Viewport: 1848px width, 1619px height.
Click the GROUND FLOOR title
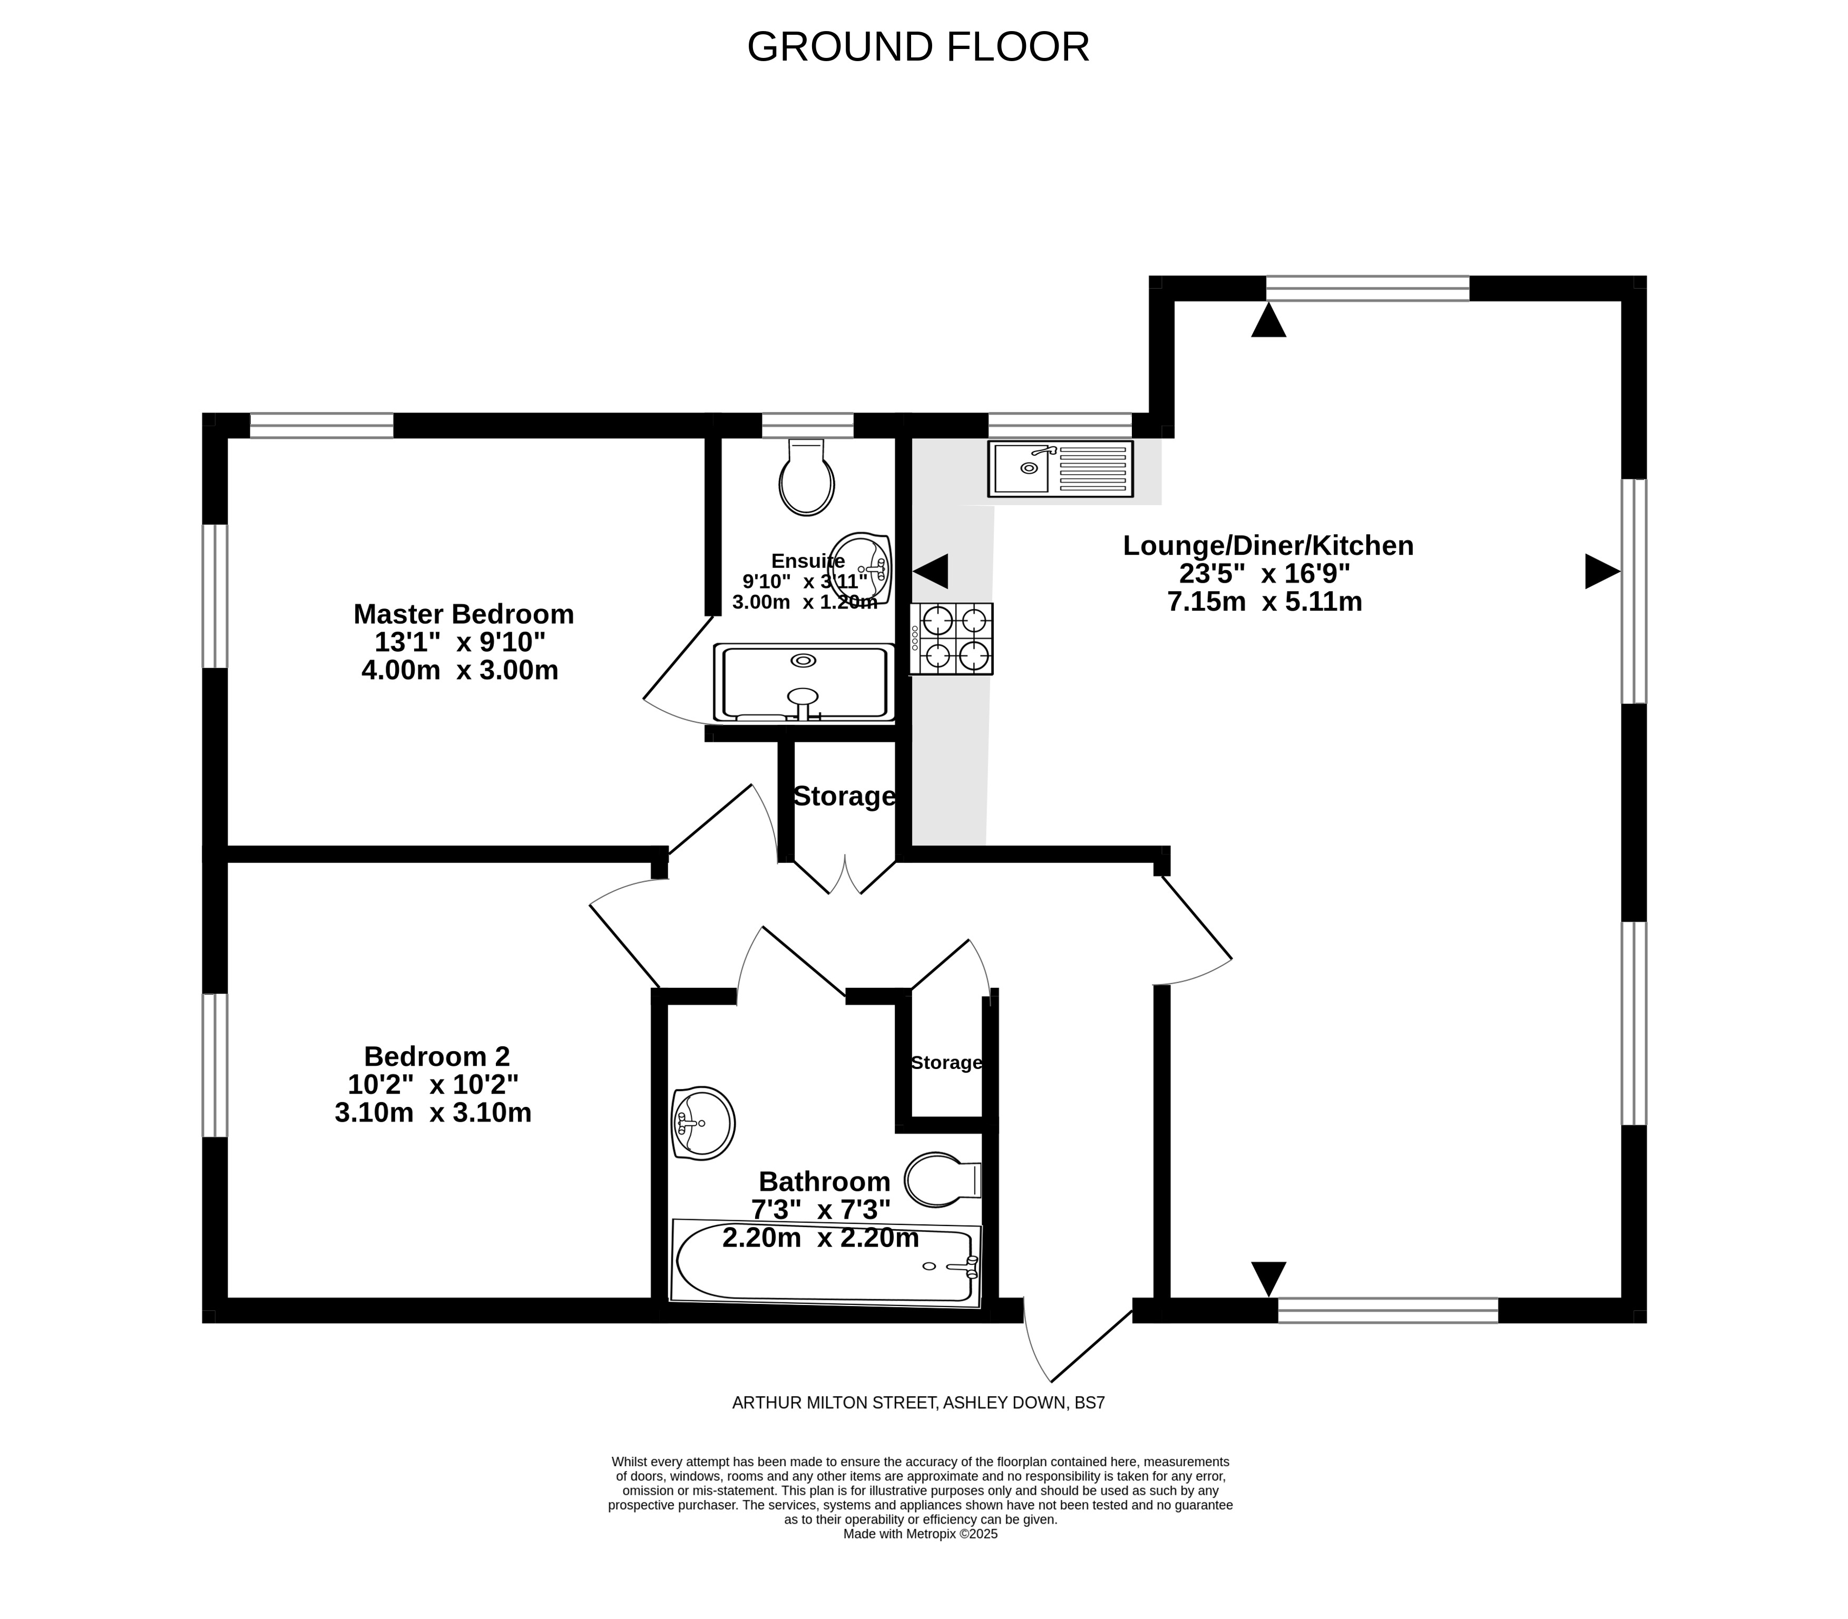[x=918, y=47]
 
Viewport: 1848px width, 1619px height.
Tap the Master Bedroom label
[x=464, y=614]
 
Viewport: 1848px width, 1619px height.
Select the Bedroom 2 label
[x=436, y=1056]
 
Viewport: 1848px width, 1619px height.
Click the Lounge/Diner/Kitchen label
[x=1268, y=546]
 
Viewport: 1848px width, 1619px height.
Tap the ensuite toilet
[x=806, y=477]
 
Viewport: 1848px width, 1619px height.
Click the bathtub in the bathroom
[x=826, y=1263]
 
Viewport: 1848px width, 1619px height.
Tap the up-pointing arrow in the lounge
[x=1268, y=321]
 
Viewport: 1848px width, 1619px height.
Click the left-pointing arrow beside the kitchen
[x=931, y=572]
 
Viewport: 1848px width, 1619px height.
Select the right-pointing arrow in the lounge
[x=1602, y=572]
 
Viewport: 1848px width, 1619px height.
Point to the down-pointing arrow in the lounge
[x=1268, y=1279]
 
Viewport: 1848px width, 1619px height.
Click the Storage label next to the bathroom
[x=946, y=1063]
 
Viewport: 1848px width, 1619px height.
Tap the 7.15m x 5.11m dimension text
[x=1264, y=602]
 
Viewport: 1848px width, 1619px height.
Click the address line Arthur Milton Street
[x=918, y=1403]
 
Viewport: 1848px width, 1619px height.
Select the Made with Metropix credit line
[x=920, y=1533]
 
